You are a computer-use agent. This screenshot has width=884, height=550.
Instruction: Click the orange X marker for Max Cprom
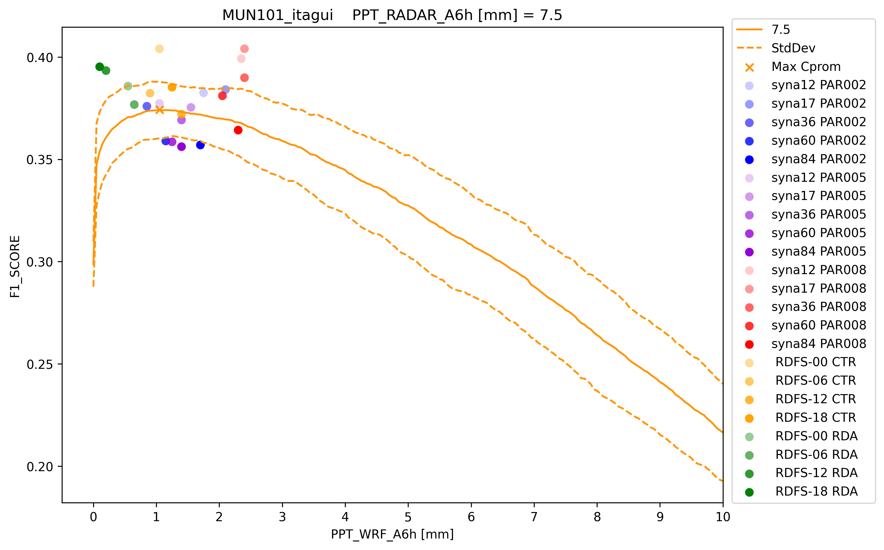click(x=159, y=110)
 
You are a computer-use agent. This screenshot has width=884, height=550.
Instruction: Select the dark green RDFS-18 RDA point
click(x=100, y=66)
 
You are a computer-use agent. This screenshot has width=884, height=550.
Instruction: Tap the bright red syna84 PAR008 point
click(x=238, y=130)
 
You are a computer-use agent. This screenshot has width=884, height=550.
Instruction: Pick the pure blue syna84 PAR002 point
click(x=200, y=145)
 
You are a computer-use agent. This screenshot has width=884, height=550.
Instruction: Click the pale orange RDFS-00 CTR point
click(x=159, y=49)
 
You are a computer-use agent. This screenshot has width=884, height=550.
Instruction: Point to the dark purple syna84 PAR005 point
click(x=181, y=146)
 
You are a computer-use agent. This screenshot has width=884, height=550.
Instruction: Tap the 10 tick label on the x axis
click(x=723, y=517)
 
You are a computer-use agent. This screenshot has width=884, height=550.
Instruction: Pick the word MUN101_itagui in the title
click(x=278, y=15)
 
